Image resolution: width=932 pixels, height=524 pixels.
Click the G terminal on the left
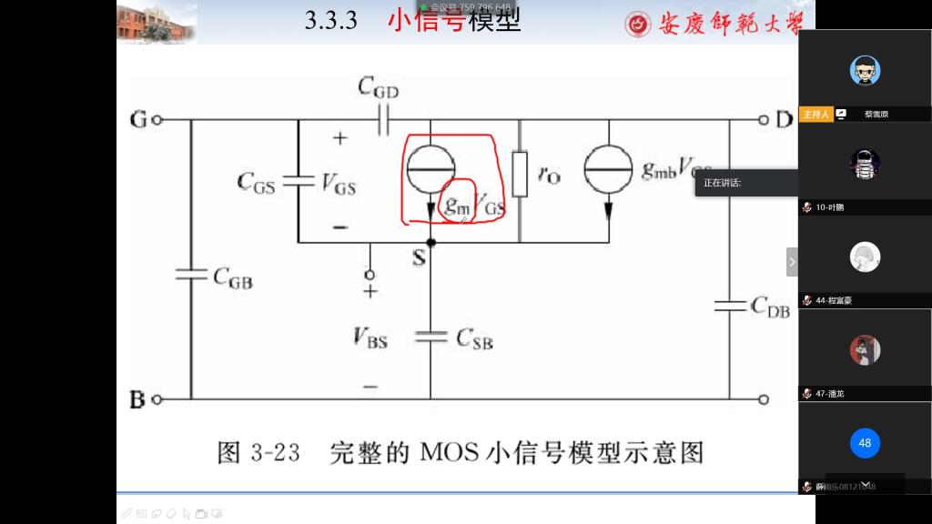point(138,119)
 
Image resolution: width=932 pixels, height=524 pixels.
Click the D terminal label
point(784,119)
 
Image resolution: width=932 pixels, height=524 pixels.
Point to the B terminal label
point(138,398)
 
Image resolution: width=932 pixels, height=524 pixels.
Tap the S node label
point(419,258)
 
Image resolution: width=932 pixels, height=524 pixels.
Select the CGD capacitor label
point(379,88)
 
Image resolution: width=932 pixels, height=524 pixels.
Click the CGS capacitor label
point(256,182)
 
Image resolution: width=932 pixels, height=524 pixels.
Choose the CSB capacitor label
point(474,340)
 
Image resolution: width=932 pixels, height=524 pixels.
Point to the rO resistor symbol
point(520,174)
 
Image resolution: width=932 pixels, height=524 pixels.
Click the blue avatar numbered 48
point(865,443)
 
